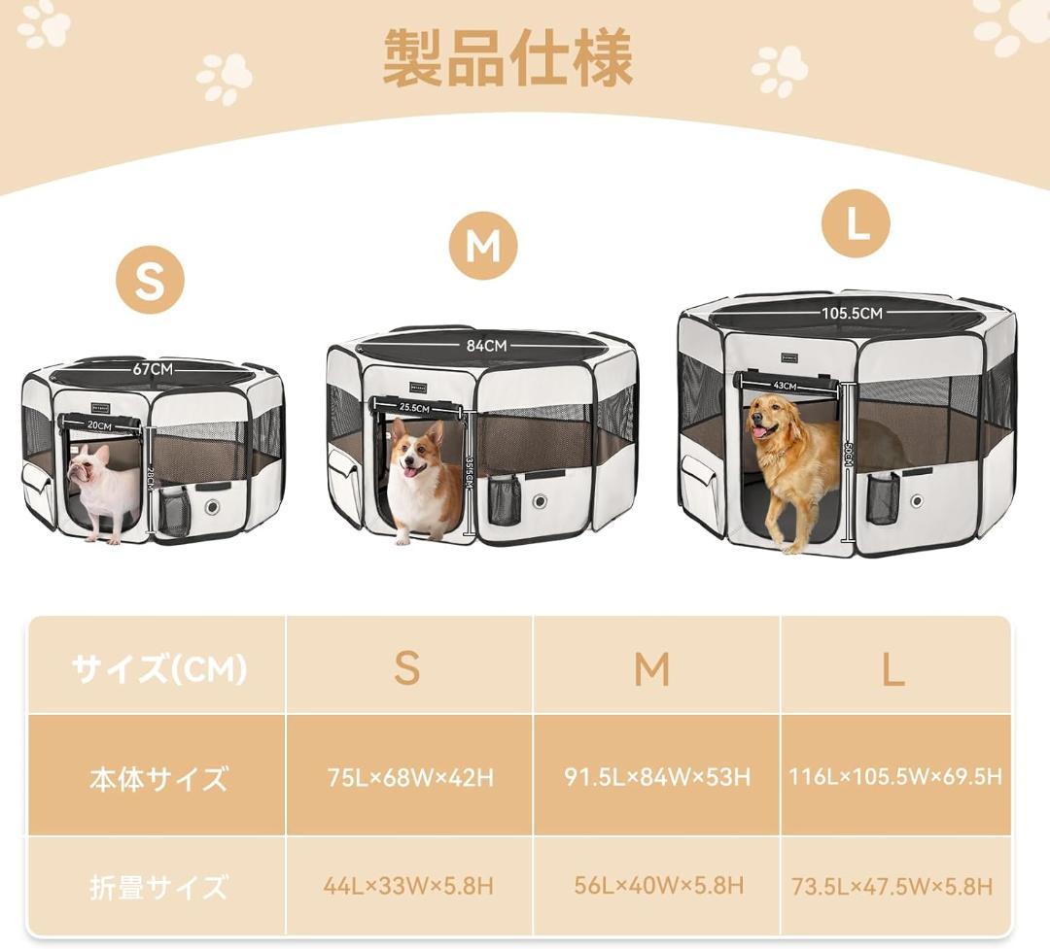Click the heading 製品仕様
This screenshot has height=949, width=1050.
507,58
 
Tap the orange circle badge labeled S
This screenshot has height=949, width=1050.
150,281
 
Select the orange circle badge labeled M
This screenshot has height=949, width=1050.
482,246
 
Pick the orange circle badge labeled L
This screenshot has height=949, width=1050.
856,223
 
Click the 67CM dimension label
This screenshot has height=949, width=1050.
154,369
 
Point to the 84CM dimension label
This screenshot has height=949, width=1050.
486,345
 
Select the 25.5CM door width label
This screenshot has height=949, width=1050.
414,408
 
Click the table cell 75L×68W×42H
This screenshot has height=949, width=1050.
409,777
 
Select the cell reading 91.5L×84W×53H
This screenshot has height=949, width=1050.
657,776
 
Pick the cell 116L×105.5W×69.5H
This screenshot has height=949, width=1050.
894,776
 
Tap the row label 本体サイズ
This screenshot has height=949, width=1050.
158,778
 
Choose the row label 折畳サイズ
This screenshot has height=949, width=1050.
158,886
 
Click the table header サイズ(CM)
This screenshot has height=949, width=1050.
159,668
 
